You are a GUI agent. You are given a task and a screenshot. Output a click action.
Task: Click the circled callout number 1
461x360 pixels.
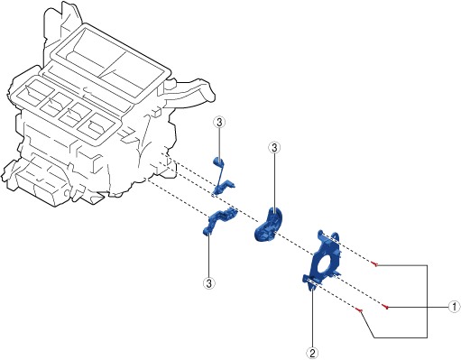pos(454,307)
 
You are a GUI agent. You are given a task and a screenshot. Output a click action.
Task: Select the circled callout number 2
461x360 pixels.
pos(312,353)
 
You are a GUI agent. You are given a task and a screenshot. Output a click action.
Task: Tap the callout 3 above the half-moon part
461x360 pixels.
pos(274,148)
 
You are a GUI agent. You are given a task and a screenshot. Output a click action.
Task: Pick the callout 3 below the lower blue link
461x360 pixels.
pos(209,283)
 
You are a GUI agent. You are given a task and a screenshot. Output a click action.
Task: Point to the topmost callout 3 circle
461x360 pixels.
pos(219,123)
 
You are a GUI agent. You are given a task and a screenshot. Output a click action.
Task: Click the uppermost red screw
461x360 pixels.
pos(374,264)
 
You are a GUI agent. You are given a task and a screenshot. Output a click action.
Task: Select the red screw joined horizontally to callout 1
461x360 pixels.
pos(386,307)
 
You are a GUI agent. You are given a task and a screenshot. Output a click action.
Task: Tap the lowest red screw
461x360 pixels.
pos(359,309)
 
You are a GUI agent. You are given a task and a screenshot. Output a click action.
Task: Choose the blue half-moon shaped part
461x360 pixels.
pos(269,225)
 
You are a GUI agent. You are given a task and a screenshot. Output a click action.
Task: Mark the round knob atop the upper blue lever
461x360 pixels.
pos(218,162)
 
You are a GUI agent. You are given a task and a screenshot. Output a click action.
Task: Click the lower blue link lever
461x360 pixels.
pos(219,221)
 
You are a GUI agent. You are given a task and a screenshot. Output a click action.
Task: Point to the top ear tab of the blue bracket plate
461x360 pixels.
pos(334,235)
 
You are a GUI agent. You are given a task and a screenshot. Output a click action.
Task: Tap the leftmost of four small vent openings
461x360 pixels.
pos(31,92)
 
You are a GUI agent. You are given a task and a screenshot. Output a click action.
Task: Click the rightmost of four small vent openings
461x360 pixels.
pos(97,126)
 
